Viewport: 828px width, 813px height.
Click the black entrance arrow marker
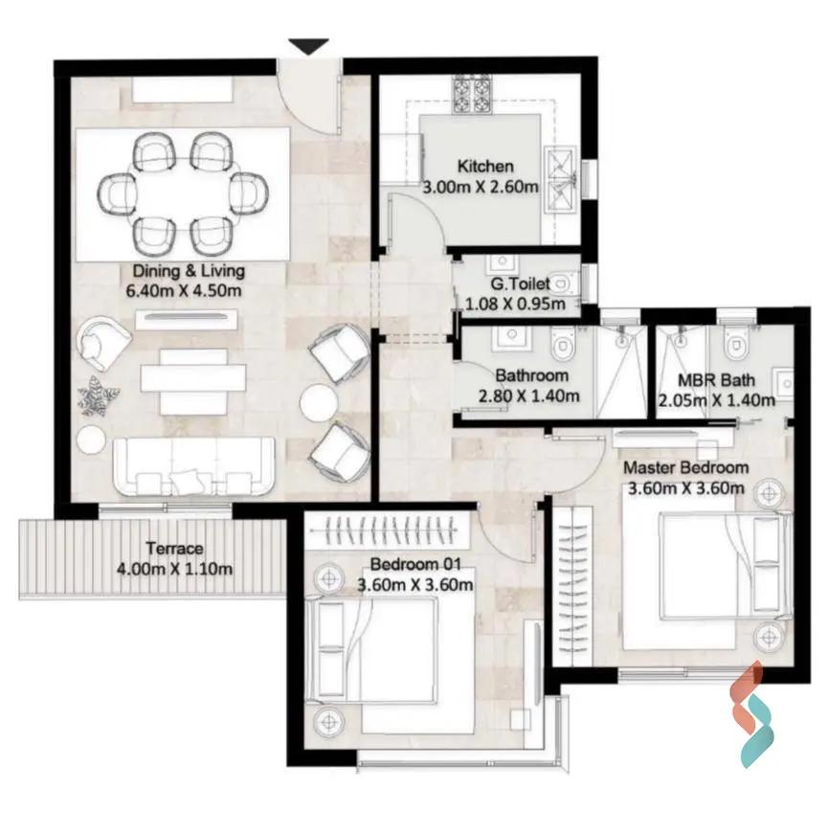pos(309,46)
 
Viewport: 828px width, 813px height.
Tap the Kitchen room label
pos(485,166)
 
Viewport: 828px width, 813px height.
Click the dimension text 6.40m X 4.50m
pos(184,290)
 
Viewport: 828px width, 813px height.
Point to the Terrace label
pos(174,549)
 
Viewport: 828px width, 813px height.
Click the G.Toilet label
pos(520,284)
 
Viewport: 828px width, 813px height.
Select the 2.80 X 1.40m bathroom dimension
pos(528,395)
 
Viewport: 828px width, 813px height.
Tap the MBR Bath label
pos(716,380)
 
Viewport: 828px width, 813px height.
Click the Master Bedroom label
pos(686,467)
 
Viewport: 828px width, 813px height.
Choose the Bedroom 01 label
pos(415,564)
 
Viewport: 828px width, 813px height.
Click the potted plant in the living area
pos(99,395)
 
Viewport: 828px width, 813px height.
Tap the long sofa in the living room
pos(194,467)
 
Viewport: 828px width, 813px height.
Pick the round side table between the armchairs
pos(319,403)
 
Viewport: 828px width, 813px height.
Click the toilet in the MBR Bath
pos(734,342)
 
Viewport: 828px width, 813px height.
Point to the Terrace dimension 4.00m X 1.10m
pos(174,569)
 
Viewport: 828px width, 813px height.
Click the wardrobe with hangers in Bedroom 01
pos(390,530)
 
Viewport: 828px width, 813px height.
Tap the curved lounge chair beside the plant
pos(104,344)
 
